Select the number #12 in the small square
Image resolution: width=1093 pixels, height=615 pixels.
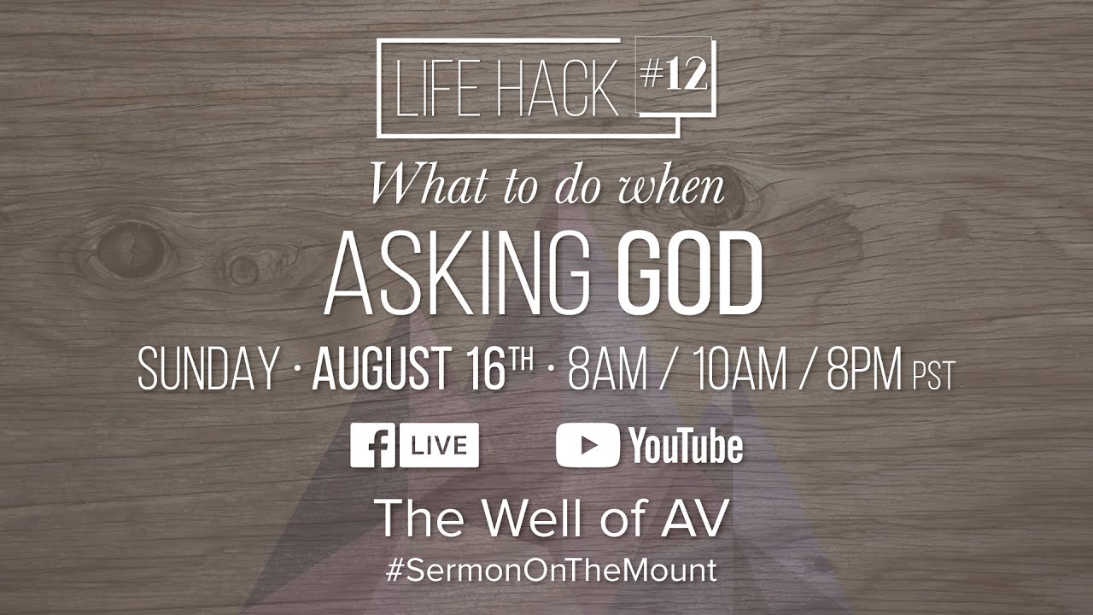coord(674,76)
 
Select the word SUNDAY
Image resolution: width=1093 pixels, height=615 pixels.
coord(208,371)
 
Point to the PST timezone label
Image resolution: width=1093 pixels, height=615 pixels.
coord(933,376)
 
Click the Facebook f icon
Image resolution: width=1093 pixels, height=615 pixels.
coord(372,446)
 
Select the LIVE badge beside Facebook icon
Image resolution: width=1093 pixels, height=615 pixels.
coord(439,446)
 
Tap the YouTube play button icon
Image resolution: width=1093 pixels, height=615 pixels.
coord(587,446)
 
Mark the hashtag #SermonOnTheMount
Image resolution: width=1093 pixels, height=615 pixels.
coord(552,571)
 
